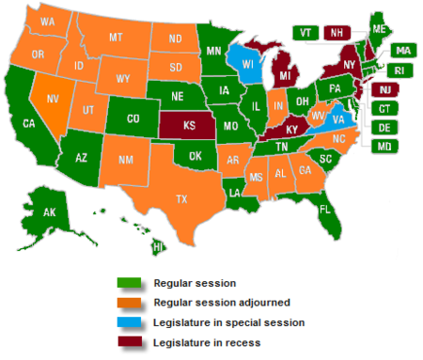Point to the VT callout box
pyautogui.click(x=305, y=32)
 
